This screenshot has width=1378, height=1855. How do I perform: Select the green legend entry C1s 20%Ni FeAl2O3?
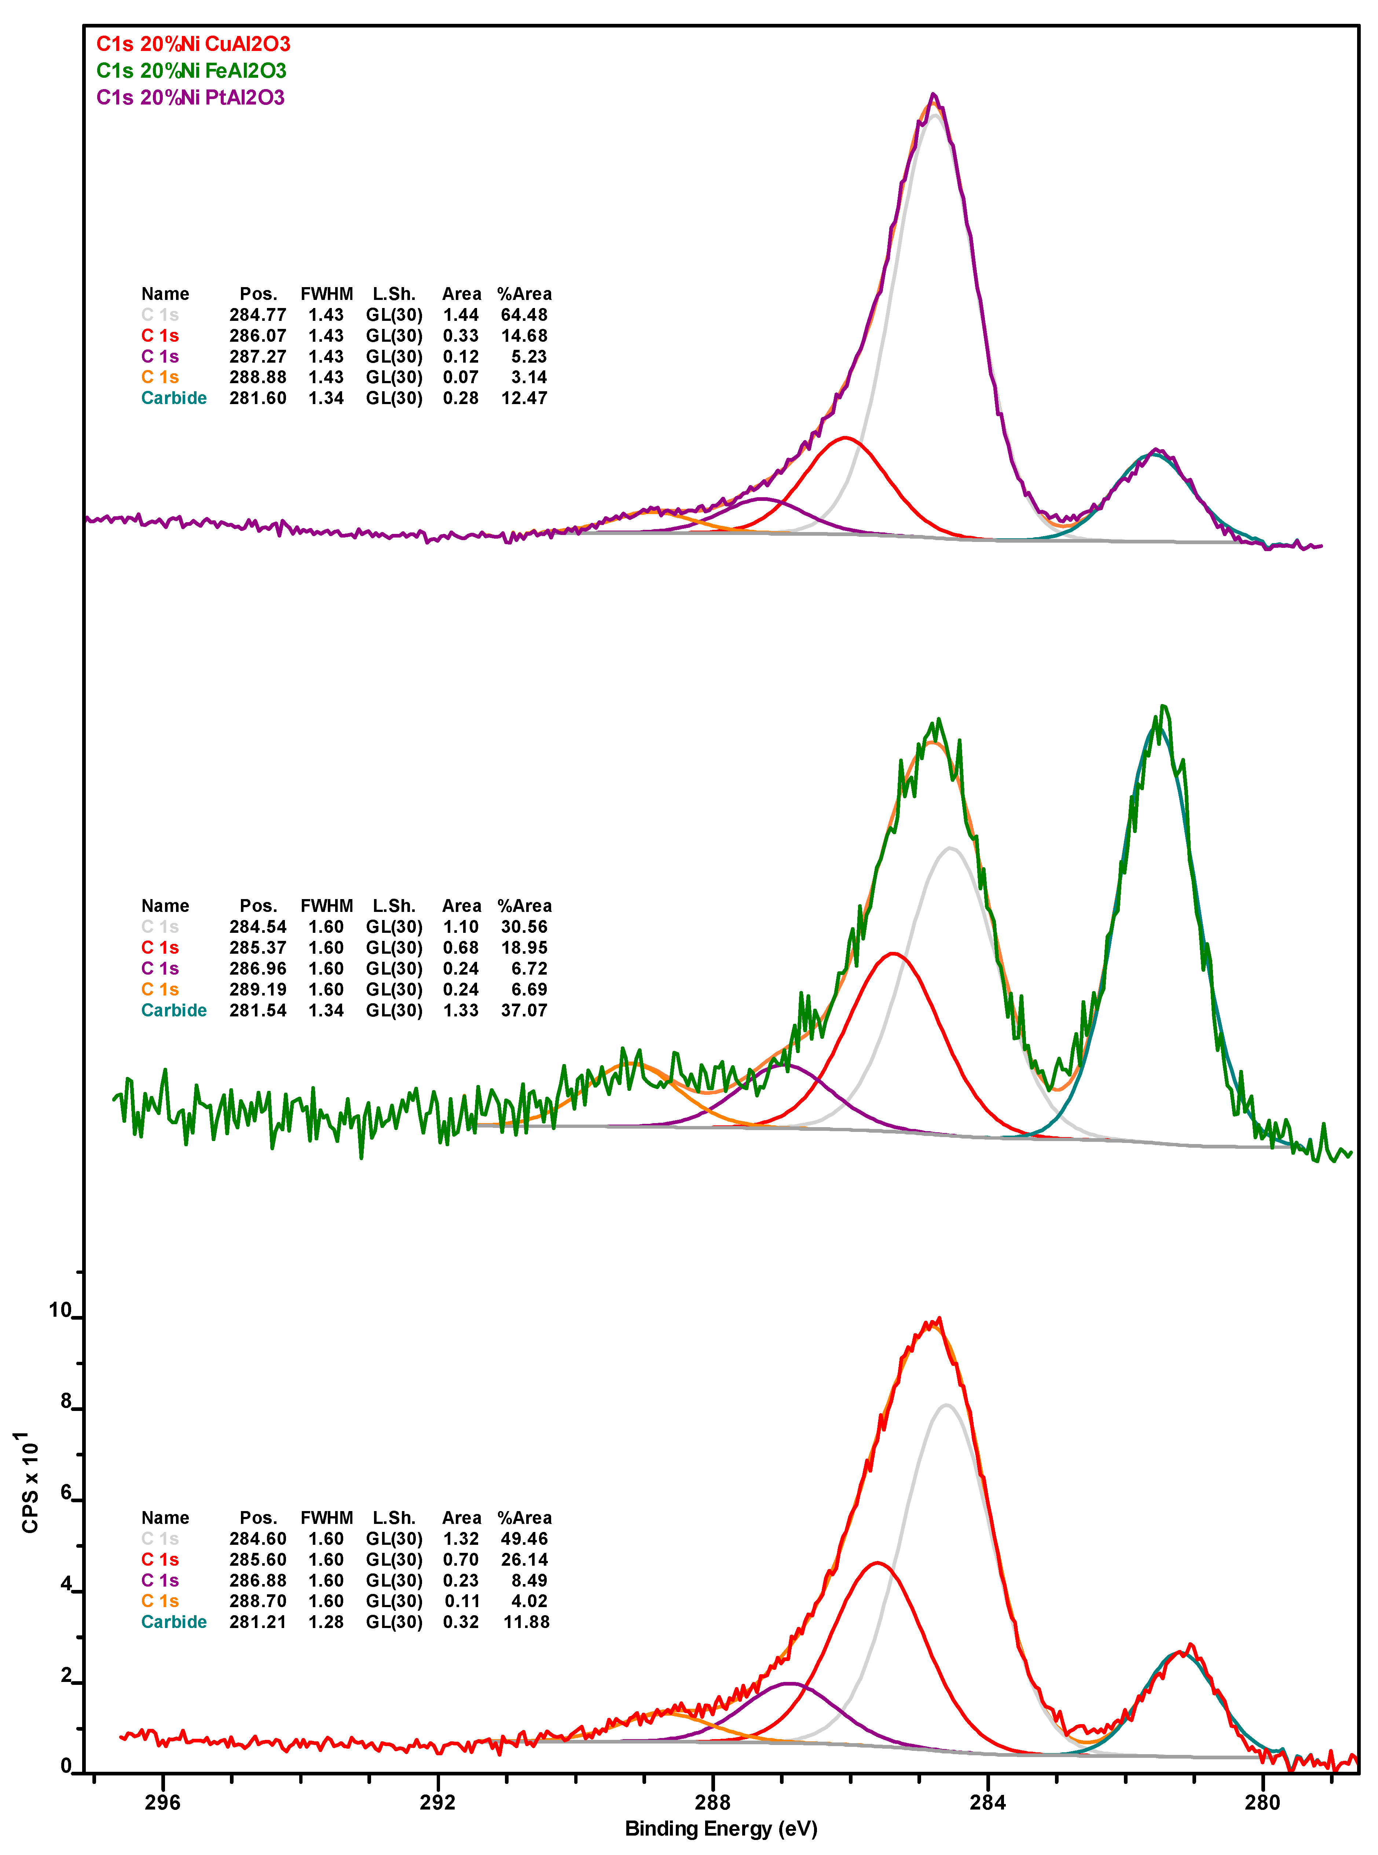[191, 71]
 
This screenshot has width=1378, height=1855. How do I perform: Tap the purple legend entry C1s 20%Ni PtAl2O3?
[190, 98]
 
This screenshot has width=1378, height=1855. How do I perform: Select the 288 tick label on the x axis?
[712, 1801]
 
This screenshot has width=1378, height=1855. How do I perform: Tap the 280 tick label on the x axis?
[1262, 1801]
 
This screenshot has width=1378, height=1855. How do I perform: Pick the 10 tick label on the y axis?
[60, 1310]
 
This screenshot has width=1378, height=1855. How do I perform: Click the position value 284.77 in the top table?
[258, 315]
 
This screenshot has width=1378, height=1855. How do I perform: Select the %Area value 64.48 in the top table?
[524, 315]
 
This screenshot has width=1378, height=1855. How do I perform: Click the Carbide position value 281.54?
[258, 1010]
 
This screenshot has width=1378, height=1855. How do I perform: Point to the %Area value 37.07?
[524, 1010]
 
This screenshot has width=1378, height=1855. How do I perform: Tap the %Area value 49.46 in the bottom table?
[524, 1539]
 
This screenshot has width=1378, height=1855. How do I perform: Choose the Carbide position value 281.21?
[258, 1622]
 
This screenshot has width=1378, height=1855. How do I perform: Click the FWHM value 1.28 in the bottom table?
[326, 1622]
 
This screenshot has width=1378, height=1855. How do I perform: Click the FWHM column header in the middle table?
[326, 906]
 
